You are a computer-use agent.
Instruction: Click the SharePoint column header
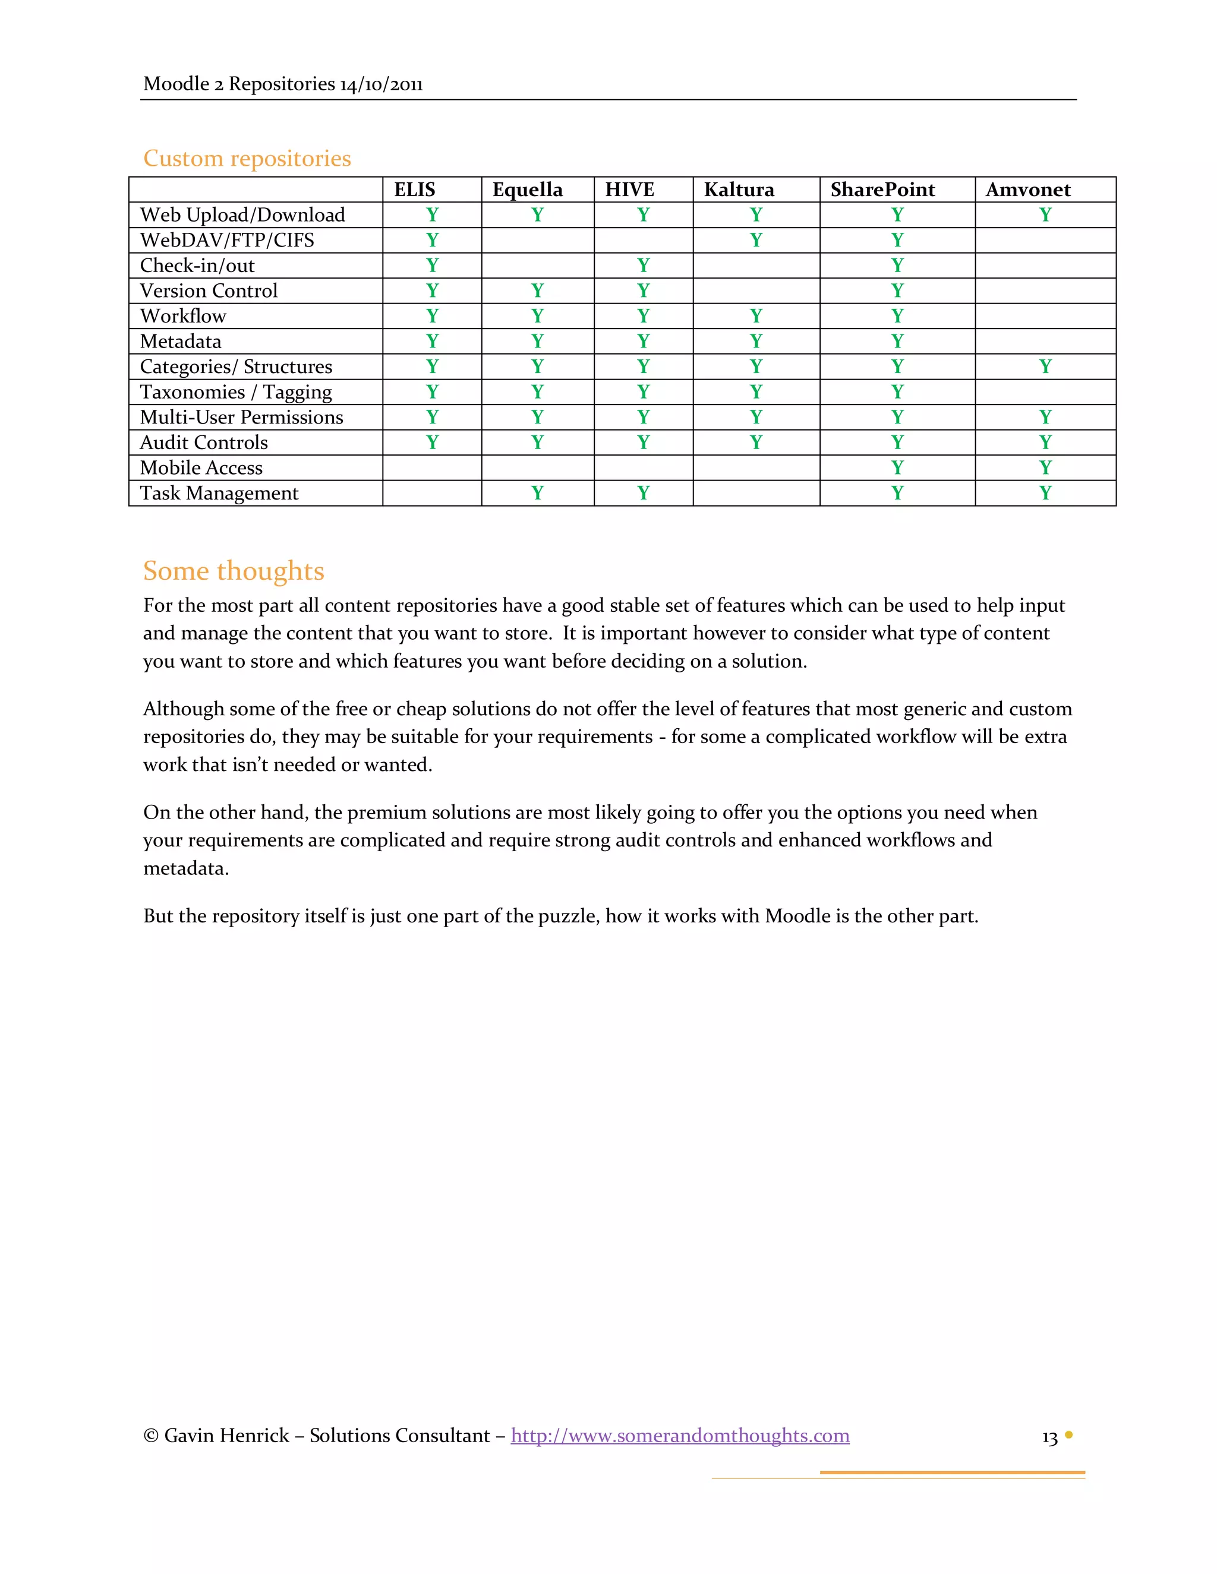pyautogui.click(x=882, y=189)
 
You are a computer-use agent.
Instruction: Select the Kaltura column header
pyautogui.click(x=739, y=189)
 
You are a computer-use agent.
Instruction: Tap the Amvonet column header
pyautogui.click(x=1028, y=189)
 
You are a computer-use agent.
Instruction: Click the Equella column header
pyautogui.click(x=527, y=189)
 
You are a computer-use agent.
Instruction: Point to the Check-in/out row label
pyautogui.click(x=197, y=266)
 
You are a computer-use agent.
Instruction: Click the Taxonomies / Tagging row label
pyautogui.click(x=236, y=392)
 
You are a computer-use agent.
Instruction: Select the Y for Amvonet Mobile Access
pyautogui.click(x=1045, y=467)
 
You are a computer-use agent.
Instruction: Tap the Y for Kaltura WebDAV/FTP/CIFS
pyautogui.click(x=756, y=240)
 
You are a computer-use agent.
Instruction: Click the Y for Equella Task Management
pyautogui.click(x=537, y=493)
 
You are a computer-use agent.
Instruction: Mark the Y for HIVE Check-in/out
pyautogui.click(x=643, y=266)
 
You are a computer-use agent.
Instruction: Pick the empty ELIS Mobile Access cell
pyautogui.click(x=432, y=467)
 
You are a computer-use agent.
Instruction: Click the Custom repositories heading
pyautogui.click(x=247, y=159)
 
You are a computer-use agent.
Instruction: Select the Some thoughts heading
pyautogui.click(x=234, y=571)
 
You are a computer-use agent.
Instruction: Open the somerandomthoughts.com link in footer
pyautogui.click(x=680, y=1435)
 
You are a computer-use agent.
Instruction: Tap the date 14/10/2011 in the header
pyautogui.click(x=381, y=85)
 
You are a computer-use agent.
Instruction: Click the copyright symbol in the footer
pyautogui.click(x=151, y=1436)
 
